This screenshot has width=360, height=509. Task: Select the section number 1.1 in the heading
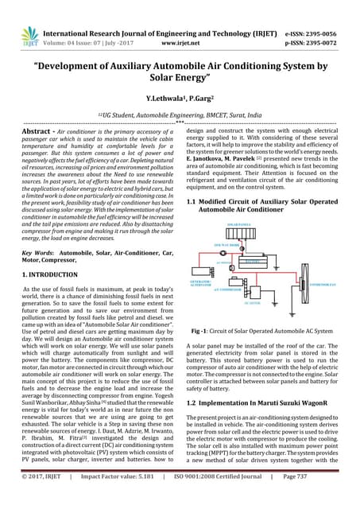[x=192, y=203]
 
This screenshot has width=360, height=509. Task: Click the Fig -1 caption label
[x=202, y=329]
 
